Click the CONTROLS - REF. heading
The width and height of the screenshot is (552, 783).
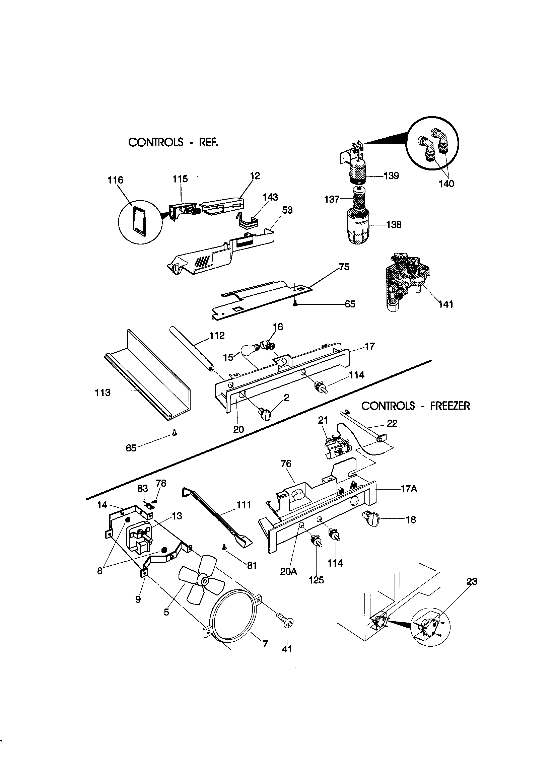(172, 142)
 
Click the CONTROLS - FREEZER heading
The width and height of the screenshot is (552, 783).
(416, 406)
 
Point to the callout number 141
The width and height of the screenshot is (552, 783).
(445, 304)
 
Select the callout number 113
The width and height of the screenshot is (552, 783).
(103, 393)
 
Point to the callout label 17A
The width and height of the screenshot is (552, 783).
(409, 489)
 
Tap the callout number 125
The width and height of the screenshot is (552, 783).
(316, 580)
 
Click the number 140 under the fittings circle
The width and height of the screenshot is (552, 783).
(446, 184)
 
